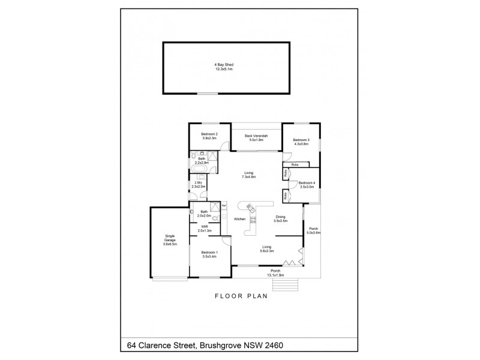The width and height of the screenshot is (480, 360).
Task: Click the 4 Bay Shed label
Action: pos(224,67)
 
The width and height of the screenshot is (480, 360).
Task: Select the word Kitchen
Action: pos(240,220)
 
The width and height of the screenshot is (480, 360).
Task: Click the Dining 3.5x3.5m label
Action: pos(281,219)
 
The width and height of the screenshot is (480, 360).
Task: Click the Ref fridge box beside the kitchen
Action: pos(224,206)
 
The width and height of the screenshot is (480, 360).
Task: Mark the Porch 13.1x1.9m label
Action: pos(277,273)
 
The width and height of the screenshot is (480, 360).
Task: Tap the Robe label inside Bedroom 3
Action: pos(295,164)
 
